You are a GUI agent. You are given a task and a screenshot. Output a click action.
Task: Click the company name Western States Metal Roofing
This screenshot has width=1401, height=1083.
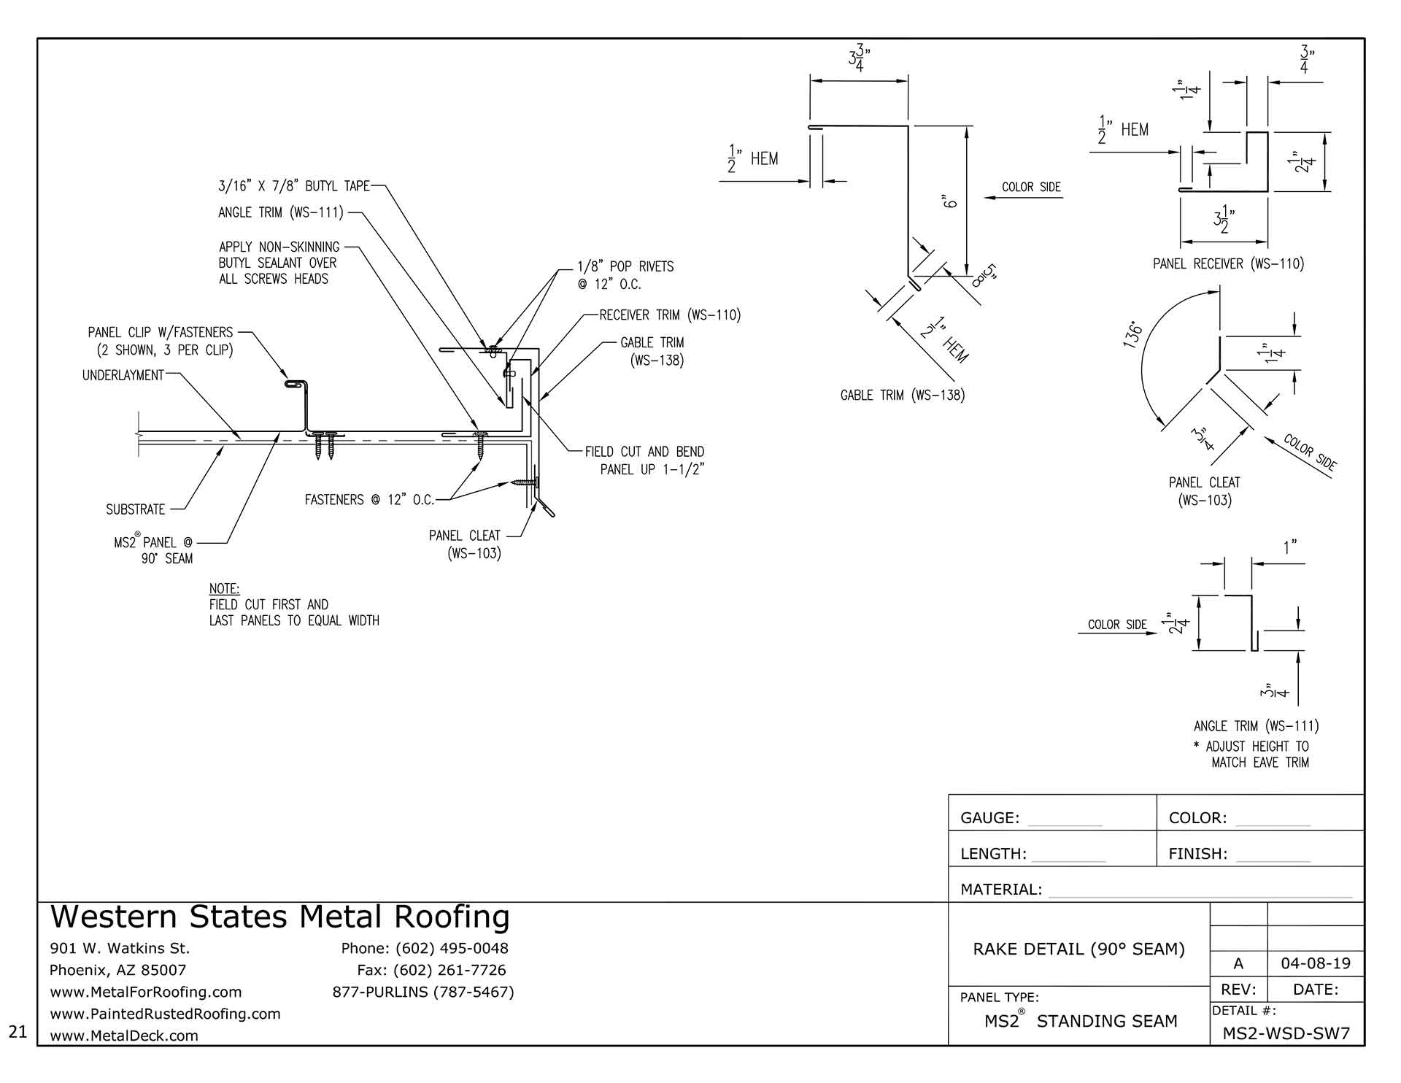279,917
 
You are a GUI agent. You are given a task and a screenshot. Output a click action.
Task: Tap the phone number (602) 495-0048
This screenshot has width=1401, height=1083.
452,948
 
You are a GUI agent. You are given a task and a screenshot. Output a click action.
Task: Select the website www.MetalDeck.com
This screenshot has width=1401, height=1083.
124,1036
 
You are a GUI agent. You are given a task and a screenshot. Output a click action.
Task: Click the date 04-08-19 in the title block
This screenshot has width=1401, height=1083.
1316,963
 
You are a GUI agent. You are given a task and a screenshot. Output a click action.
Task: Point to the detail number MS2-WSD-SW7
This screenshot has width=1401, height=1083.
1286,1033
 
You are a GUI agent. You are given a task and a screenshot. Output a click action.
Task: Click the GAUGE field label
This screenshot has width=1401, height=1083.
990,818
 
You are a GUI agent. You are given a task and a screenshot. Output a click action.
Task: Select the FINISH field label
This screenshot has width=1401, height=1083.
1198,854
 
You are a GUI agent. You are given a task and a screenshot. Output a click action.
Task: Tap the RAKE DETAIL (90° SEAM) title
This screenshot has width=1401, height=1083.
1079,949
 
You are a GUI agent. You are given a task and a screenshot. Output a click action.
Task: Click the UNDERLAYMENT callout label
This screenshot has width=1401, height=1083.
123,375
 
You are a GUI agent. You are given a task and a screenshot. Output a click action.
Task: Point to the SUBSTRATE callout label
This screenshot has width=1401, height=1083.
136,509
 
